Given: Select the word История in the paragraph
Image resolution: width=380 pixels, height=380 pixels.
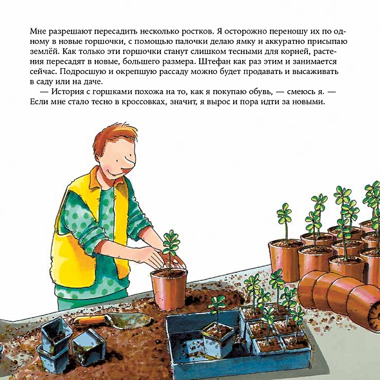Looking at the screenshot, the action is (x=66, y=92).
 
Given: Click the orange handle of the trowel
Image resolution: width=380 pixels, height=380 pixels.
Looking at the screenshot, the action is (x=89, y=321).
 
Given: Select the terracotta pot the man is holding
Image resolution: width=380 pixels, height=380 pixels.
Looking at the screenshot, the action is (x=169, y=289).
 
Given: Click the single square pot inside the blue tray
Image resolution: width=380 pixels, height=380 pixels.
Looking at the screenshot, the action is (x=218, y=340).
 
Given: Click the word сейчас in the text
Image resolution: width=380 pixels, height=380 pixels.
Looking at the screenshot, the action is (x=43, y=72).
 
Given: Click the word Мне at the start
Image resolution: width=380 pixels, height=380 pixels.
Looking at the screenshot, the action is (x=38, y=32).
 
